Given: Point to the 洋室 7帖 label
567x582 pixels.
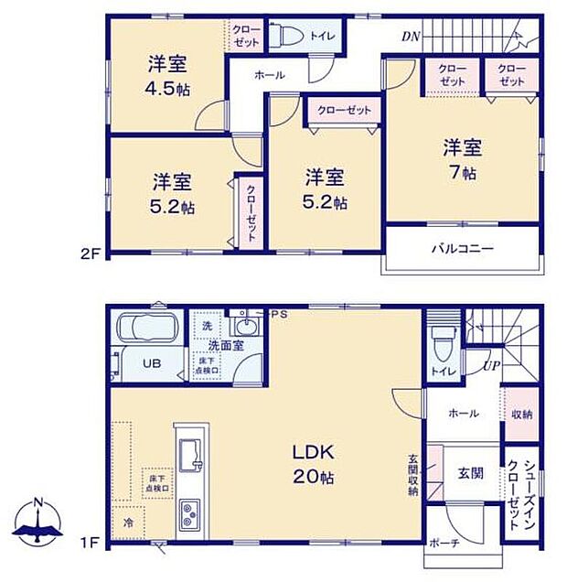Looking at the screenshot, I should [462, 159].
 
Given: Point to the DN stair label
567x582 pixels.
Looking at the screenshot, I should [411, 37].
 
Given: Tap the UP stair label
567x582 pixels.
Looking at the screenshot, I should [491, 366].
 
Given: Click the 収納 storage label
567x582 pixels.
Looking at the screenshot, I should [521, 414].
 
